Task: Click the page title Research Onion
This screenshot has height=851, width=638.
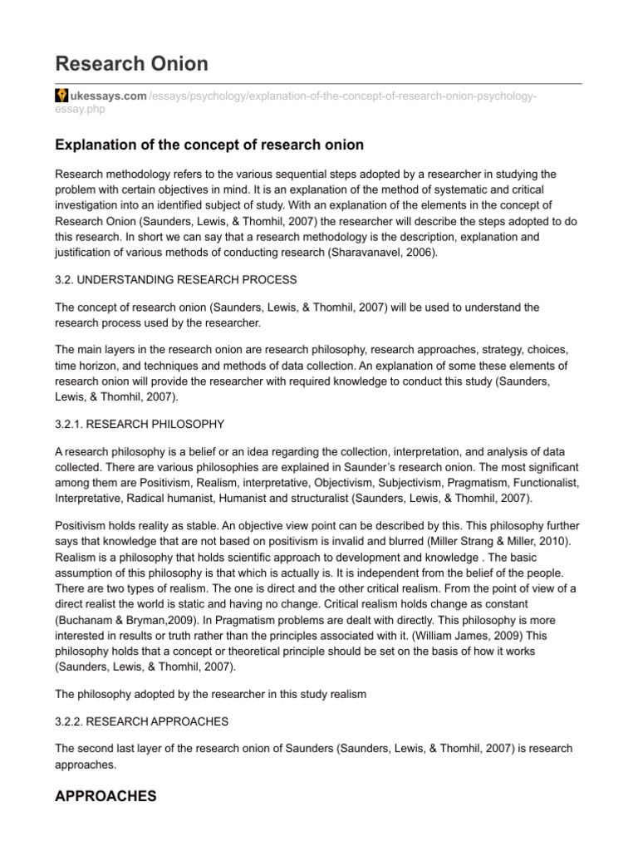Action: [131, 64]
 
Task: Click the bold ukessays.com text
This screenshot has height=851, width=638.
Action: [107, 96]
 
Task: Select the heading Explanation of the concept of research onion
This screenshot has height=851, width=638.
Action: [209, 145]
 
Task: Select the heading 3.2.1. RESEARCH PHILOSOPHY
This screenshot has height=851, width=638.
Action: [140, 424]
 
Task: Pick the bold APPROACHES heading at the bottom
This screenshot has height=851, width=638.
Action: [106, 796]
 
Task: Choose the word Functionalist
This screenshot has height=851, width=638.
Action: [543, 482]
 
